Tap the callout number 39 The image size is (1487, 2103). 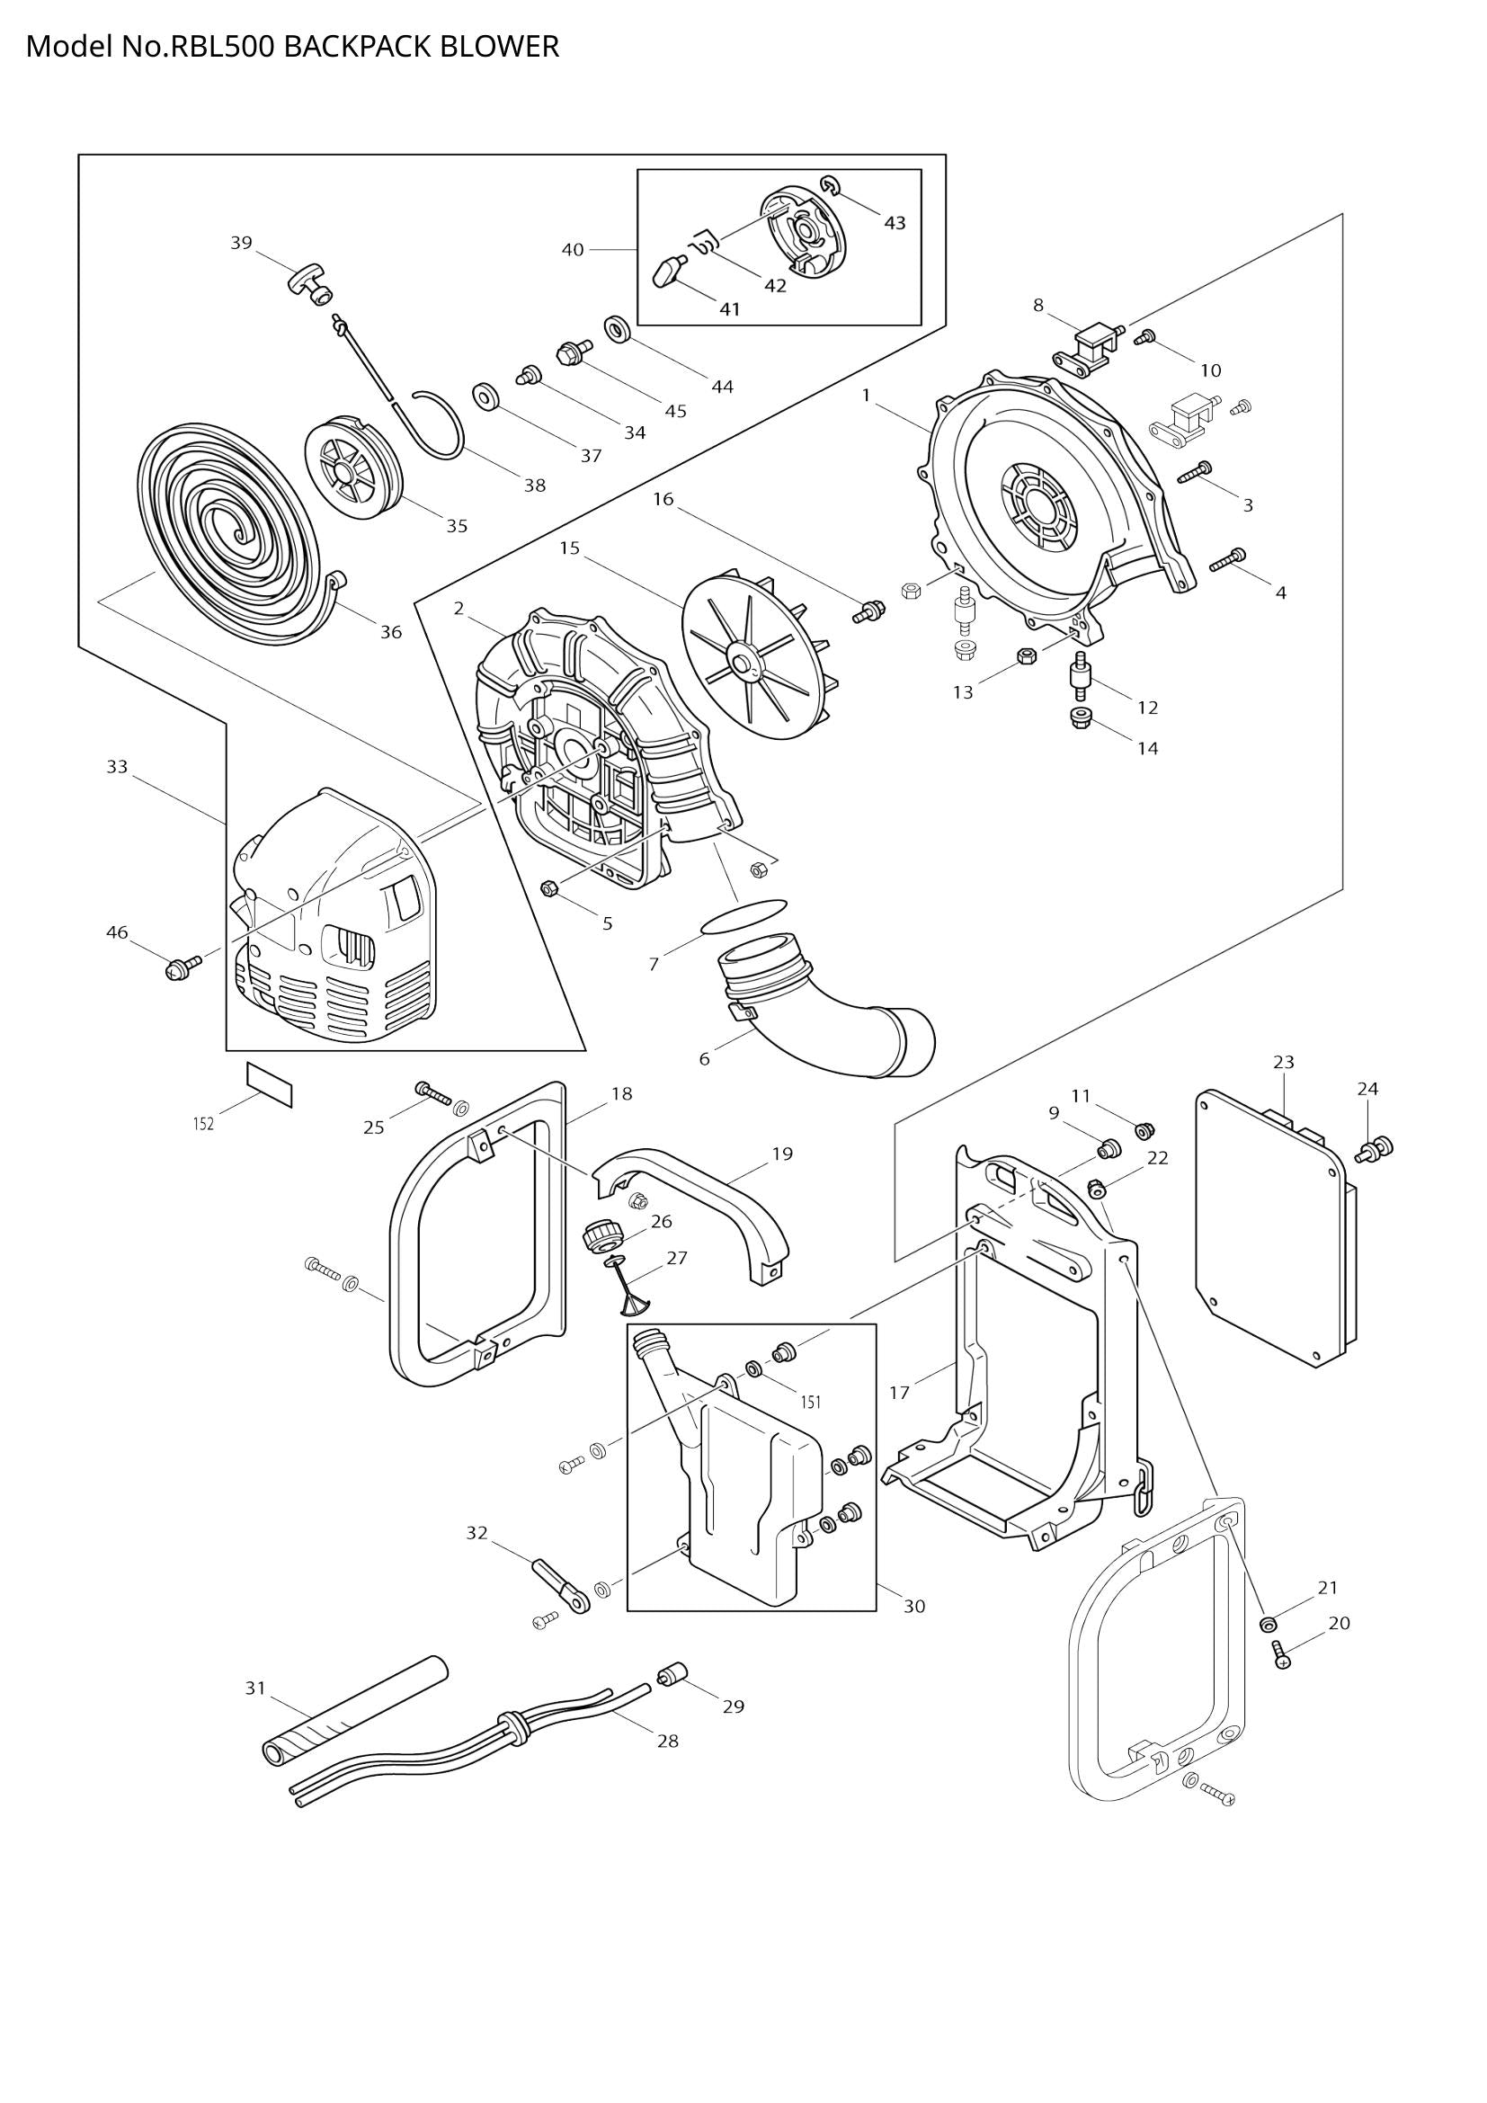click(241, 243)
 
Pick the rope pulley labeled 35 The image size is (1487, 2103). click(352, 472)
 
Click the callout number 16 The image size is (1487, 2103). click(663, 499)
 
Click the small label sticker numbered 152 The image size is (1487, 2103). click(269, 1084)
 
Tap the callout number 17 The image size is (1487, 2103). click(899, 1392)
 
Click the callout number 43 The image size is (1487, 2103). click(895, 223)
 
